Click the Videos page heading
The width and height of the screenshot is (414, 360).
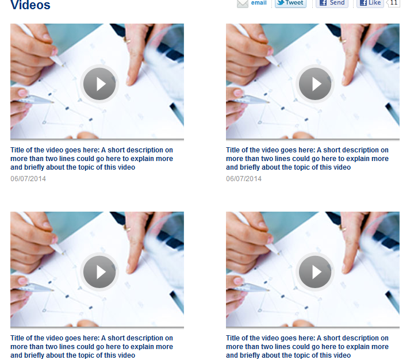point(30,5)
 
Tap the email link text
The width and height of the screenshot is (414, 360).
point(259,3)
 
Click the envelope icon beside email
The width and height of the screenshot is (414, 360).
point(243,3)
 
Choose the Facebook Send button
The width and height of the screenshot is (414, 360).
point(332,3)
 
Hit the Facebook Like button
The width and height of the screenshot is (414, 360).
point(370,3)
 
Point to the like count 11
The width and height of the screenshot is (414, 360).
point(394,3)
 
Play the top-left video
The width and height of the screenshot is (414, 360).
point(99,84)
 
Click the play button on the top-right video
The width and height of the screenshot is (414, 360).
point(315,84)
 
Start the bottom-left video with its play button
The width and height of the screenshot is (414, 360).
point(99,272)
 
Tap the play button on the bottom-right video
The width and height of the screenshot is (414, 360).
point(315,272)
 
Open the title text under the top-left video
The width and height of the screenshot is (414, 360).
point(91,159)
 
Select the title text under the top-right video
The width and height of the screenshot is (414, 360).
point(307,159)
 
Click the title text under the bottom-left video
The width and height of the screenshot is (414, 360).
point(91,347)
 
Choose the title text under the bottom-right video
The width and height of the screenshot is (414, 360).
point(307,347)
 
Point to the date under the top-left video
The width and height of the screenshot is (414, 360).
point(28,179)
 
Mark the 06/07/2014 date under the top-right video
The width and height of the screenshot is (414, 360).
point(244,179)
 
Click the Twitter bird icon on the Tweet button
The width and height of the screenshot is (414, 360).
point(281,3)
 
